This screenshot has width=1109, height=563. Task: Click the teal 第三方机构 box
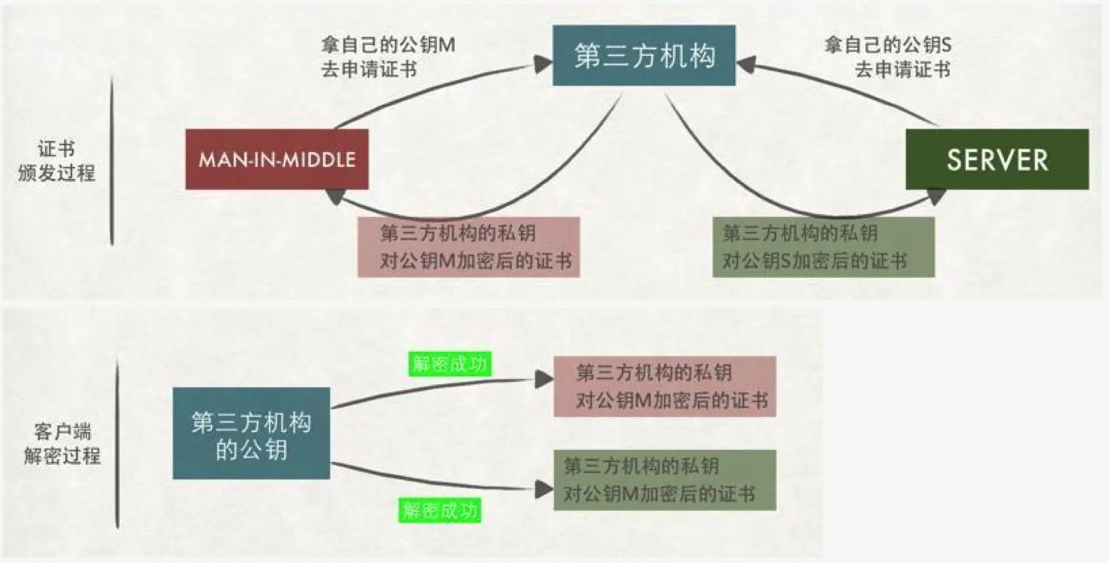644,56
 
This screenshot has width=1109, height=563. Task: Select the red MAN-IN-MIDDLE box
277,159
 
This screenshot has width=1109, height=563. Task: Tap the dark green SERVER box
997,159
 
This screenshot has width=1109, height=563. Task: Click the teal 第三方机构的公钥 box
251,433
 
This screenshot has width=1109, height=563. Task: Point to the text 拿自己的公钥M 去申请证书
387,57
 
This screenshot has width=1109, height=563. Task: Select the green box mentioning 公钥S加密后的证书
823,247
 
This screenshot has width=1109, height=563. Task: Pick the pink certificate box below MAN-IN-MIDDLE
468,247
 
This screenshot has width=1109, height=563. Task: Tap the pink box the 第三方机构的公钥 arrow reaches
665,386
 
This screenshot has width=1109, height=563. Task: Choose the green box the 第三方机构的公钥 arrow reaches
665,480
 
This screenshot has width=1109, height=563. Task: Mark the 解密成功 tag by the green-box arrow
439,511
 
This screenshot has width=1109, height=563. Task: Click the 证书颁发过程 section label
56,160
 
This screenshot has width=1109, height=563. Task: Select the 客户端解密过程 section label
61,443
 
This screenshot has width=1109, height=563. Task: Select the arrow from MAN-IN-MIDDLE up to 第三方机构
435,86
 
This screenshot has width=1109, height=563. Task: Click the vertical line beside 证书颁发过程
112,160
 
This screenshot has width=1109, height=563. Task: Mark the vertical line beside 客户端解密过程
118,443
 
